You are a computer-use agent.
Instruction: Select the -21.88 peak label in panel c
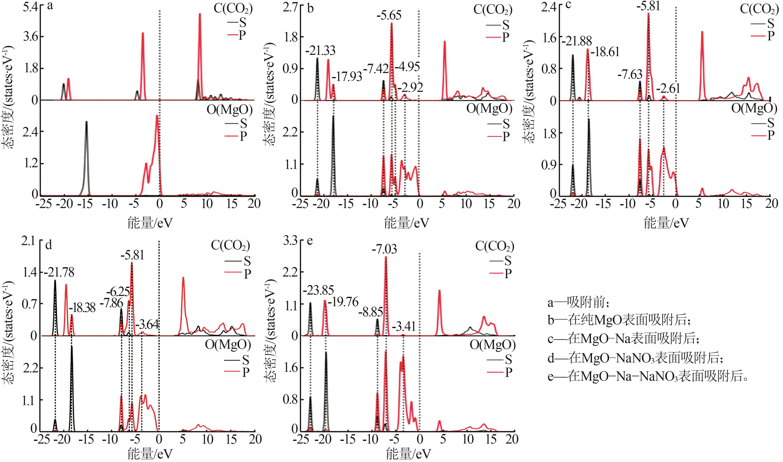576,41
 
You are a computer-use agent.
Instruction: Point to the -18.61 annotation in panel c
605,52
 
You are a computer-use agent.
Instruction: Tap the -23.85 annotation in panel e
318,290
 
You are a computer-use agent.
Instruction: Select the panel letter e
310,241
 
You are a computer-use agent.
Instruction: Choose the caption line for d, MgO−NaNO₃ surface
635,358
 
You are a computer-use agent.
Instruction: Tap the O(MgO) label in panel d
228,345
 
